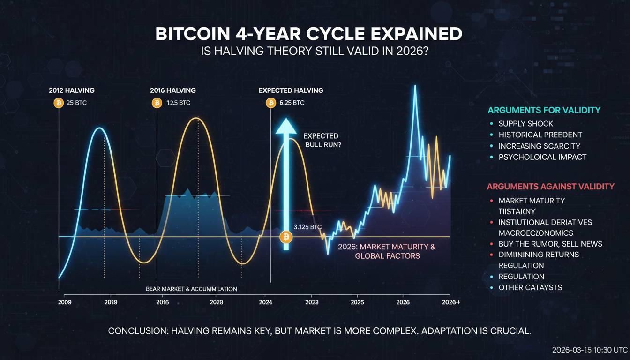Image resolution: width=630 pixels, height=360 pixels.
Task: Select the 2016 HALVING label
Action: coord(172,90)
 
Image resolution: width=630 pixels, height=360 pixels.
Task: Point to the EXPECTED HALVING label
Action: coord(291,90)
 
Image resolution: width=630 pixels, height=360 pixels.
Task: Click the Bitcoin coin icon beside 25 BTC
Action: coord(59,103)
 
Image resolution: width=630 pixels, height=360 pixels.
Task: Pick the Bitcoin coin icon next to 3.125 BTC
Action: coord(285,237)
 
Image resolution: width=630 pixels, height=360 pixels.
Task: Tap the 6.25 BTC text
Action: coord(292,103)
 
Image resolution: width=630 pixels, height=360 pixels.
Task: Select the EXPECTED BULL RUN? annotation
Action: coord(322,140)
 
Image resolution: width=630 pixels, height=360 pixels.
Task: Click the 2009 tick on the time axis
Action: coord(64,303)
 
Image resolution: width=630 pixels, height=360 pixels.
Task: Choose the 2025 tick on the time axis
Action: coord(357,303)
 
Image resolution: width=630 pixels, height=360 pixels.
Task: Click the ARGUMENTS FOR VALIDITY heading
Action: coord(544,110)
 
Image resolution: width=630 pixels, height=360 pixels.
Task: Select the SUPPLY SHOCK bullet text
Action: coord(525,124)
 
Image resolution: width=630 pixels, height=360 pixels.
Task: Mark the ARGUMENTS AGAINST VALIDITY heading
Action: coord(550,186)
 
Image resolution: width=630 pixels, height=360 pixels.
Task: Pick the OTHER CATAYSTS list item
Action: coord(530,287)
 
